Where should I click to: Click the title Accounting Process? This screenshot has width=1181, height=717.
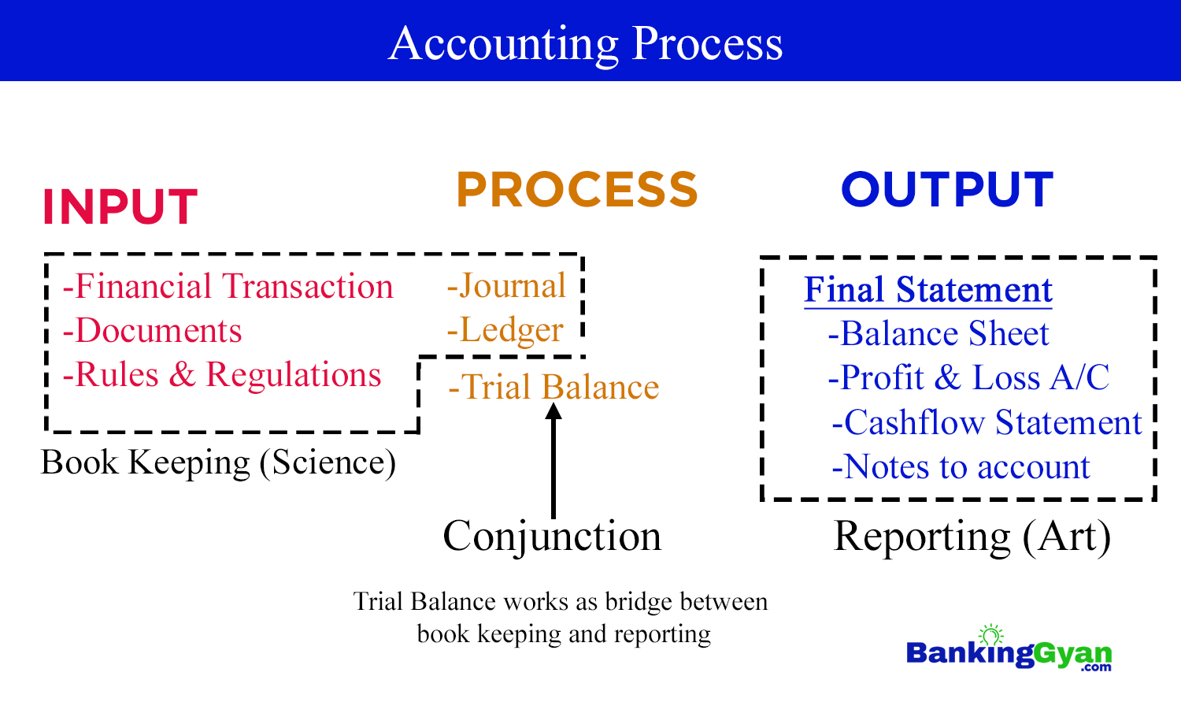click(586, 43)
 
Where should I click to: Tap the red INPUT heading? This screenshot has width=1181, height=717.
click(120, 207)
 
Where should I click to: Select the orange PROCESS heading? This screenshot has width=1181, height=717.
click(577, 190)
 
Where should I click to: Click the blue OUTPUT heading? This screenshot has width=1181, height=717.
click(947, 190)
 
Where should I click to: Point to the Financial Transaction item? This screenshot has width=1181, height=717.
click(228, 286)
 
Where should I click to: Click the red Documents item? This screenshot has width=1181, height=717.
click(153, 331)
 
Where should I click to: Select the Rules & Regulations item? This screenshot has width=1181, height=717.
click(222, 375)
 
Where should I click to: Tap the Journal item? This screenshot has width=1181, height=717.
click(506, 286)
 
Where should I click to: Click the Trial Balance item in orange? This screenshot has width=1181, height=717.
click(553, 388)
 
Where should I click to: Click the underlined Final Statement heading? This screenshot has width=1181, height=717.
click(927, 290)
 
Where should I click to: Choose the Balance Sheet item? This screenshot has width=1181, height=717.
click(939, 334)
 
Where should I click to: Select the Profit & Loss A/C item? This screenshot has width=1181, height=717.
click(968, 378)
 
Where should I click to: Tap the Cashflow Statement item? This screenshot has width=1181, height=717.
click(987, 423)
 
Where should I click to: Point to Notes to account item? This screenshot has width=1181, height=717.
click(961, 467)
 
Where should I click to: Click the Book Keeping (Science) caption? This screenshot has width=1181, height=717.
click(218, 463)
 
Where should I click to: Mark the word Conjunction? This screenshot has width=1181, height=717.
click(552, 537)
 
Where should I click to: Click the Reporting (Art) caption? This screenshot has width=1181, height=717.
click(972, 537)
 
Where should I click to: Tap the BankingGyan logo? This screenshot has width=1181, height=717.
click(1009, 652)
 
